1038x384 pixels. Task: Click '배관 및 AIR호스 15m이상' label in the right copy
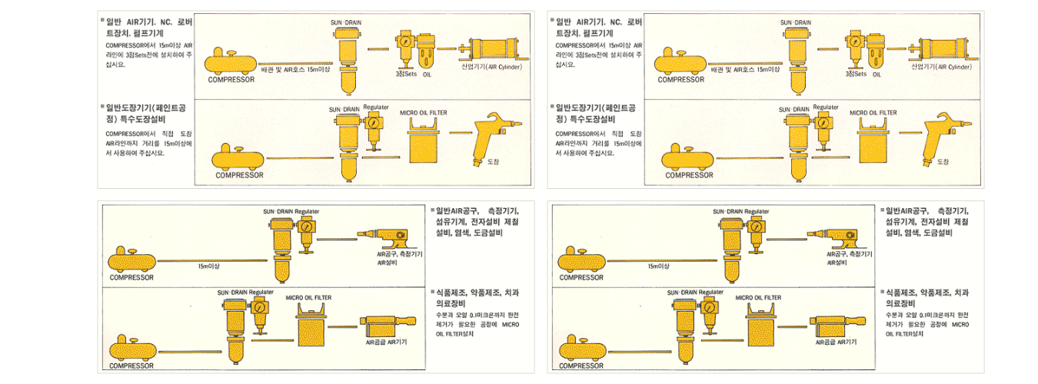746,70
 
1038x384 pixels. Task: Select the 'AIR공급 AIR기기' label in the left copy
386,342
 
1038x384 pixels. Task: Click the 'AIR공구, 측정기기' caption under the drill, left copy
399,253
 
